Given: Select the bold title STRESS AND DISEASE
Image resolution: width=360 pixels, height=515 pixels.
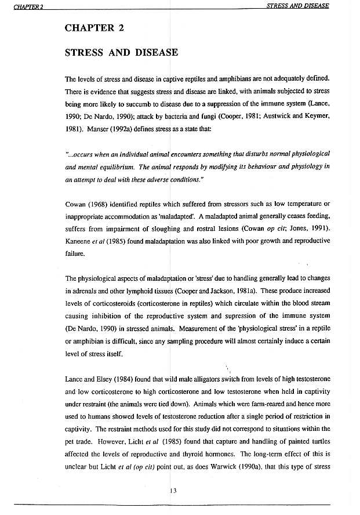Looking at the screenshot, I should pyautogui.click(x=121, y=53).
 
